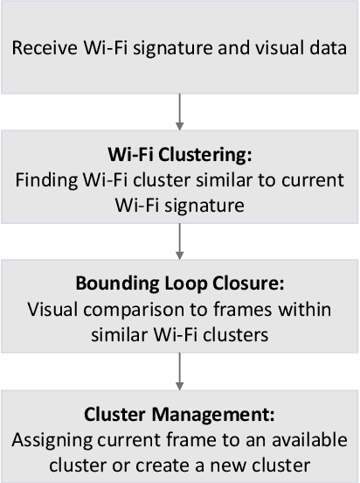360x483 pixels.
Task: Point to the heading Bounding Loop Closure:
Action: [x=179, y=287]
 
